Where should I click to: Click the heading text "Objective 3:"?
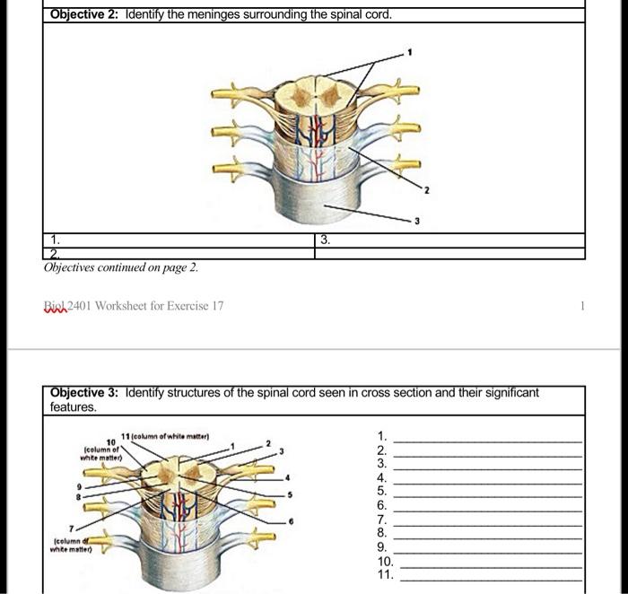click(x=86, y=393)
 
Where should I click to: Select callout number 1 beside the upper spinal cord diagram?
click(x=409, y=54)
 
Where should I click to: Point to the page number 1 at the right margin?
click(x=582, y=306)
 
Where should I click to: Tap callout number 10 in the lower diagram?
click(x=110, y=441)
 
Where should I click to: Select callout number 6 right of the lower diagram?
click(x=290, y=520)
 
